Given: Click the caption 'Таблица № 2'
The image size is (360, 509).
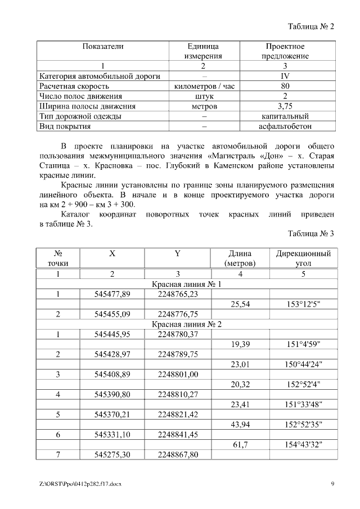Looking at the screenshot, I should pos(310,26).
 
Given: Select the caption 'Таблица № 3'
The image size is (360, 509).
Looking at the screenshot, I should pos(310,233).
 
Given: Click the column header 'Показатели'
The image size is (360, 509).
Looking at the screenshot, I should pos(103,46).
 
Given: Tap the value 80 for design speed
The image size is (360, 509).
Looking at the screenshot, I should pos(285,86).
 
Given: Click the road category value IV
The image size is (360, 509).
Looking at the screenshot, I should pos(285,76).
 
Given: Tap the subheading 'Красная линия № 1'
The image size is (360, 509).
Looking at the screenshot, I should pos(187,284).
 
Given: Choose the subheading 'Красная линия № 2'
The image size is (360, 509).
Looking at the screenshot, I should pos(187,325).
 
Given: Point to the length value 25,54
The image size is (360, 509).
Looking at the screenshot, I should pos(241,304).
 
